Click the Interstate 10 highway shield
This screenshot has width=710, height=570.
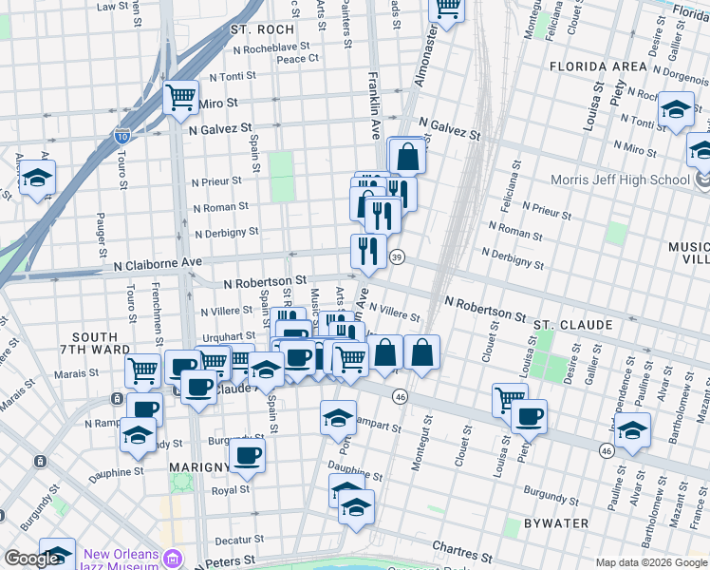(x=122, y=137)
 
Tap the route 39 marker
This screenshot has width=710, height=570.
(x=398, y=257)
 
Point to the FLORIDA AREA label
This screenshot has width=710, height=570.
(x=598, y=66)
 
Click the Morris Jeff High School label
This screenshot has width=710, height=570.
(x=620, y=180)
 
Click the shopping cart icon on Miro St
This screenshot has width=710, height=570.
(x=179, y=96)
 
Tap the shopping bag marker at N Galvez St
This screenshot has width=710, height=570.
(x=407, y=156)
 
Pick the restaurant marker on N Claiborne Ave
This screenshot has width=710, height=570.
(x=367, y=252)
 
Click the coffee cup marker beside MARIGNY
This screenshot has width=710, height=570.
(x=249, y=455)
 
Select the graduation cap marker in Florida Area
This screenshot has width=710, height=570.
(x=676, y=108)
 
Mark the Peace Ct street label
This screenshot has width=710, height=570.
(x=297, y=58)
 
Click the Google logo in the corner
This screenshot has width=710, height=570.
(x=31, y=560)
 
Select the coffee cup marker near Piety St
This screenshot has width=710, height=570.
(x=529, y=415)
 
